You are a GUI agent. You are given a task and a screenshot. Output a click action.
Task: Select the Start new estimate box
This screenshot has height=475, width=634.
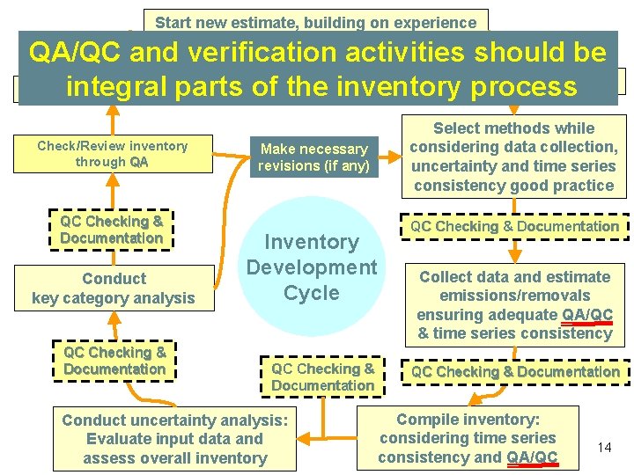click(x=315, y=22)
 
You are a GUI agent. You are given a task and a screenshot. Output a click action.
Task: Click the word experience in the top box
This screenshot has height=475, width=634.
click(x=437, y=23)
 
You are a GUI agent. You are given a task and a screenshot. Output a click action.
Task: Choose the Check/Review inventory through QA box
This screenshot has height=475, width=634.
click(x=113, y=154)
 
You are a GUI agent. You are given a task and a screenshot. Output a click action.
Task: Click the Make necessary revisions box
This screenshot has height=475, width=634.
click(x=313, y=157)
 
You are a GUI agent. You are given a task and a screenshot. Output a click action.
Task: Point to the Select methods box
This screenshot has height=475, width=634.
click(x=514, y=157)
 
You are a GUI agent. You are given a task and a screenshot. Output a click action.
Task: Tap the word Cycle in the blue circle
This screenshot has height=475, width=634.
click(x=312, y=292)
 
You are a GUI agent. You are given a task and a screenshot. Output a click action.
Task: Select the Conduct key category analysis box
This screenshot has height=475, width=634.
click(x=113, y=289)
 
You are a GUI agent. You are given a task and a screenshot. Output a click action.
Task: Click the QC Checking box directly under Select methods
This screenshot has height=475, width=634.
click(x=514, y=226)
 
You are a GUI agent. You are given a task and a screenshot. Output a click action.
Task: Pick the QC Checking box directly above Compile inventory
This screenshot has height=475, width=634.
click(x=515, y=372)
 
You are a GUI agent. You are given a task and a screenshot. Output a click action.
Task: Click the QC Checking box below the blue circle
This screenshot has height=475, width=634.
click(x=322, y=377)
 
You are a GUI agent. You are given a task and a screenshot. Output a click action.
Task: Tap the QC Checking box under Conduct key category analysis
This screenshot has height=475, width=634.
click(x=114, y=361)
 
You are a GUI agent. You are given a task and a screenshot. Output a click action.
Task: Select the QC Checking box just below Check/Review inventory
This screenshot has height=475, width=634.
click(x=111, y=230)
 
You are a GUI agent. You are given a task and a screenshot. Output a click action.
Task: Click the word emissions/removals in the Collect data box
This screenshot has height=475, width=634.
click(x=513, y=296)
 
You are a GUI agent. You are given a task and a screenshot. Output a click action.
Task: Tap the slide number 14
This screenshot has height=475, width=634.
click(x=604, y=448)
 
